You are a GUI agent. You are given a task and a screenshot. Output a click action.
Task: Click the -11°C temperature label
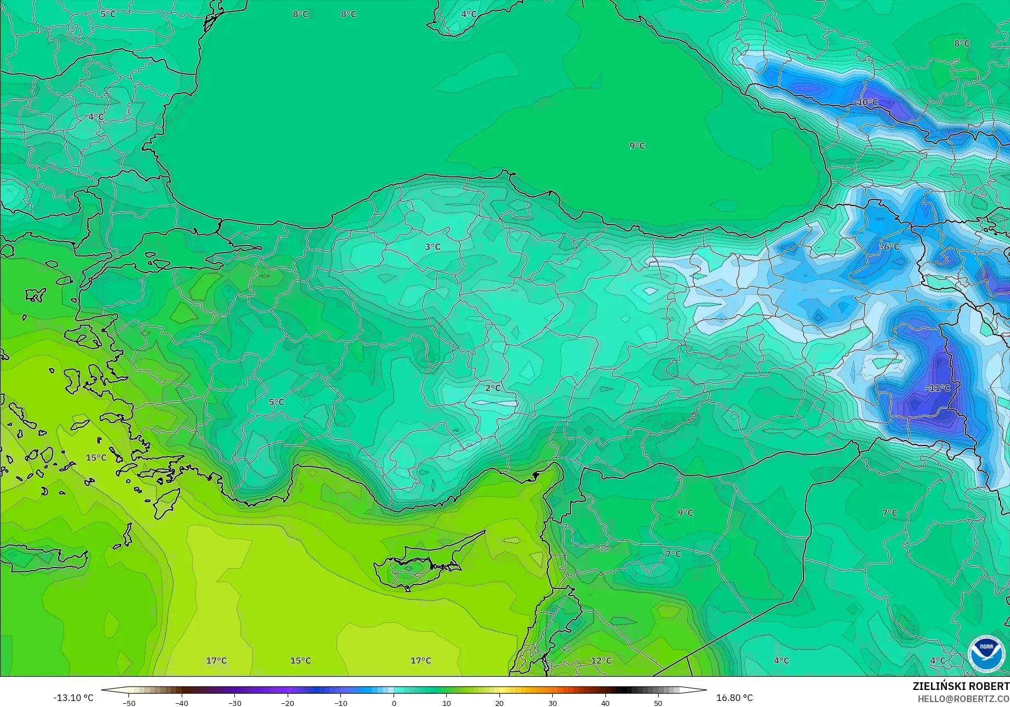pos(938,388)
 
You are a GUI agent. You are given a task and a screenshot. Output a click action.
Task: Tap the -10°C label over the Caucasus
pos(867,102)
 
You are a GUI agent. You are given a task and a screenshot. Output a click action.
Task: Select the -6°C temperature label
pos(890,247)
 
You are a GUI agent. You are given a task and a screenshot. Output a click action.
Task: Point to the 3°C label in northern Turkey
pos(433,247)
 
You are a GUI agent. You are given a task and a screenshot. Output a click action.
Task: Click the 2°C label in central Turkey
pos(493,388)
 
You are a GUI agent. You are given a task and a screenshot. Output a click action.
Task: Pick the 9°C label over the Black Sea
pos(637,146)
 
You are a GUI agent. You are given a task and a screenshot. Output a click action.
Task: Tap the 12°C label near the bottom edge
pos(601,660)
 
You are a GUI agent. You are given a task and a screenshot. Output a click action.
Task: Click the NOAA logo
pos(986,654)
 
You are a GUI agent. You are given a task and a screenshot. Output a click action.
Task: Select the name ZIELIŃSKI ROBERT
pos(961,686)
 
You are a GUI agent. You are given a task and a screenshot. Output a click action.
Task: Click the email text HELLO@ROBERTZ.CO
pos(963,698)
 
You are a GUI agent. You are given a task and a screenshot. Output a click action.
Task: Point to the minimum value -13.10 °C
pos(73,698)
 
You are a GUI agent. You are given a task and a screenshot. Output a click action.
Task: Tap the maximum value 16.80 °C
pos(734,698)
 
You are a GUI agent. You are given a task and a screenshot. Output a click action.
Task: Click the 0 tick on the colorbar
pos(394,703)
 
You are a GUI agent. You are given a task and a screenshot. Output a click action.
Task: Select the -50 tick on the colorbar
pos(128,703)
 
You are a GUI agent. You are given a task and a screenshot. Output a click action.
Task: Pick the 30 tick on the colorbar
pos(552,703)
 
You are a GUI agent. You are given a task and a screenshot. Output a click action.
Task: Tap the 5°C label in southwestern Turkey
pos(276,402)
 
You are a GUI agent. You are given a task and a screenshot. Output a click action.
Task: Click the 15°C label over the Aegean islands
pos(96,458)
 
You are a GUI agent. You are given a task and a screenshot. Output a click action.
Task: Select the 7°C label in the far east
pos(889,513)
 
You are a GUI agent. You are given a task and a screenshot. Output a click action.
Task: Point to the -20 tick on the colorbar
pos(288,703)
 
